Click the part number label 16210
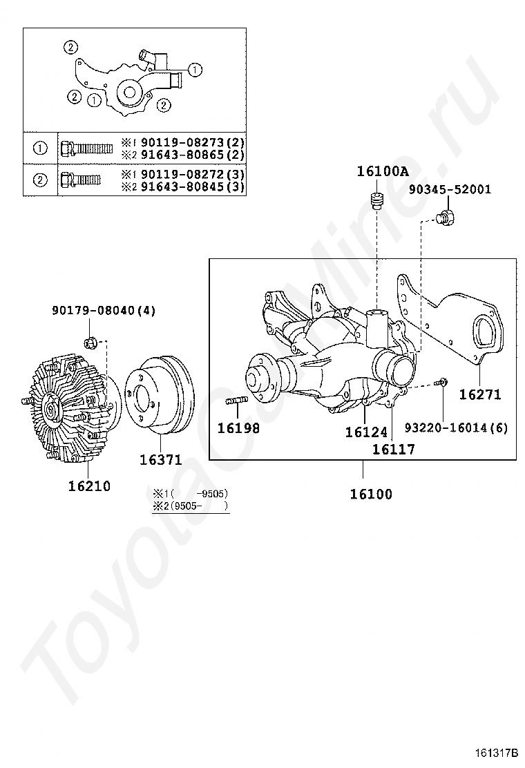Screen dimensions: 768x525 coord(89,486)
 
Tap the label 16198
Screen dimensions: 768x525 coord(238,428)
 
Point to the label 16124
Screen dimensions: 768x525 coord(366,432)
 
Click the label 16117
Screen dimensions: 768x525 coord(393,450)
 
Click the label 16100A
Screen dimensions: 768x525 coord(382,172)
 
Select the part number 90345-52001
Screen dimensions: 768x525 coord(450,189)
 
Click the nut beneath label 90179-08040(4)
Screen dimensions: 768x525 coord(90,341)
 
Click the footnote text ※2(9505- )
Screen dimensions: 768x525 coord(191,506)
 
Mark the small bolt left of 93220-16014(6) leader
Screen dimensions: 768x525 coord(443,382)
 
